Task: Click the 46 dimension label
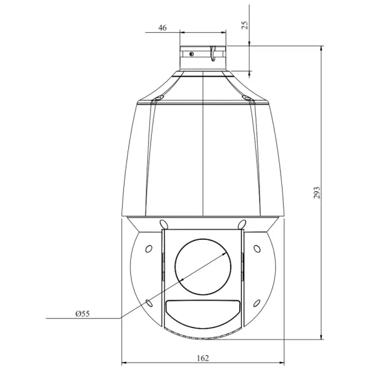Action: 162,28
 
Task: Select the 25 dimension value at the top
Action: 245,25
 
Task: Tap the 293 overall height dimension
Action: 317,193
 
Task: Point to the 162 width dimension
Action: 203,358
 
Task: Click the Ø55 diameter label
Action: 83,314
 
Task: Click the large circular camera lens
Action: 203,266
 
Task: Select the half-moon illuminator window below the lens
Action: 203,314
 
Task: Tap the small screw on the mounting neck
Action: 192,54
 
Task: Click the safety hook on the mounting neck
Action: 213,54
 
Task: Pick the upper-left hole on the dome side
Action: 149,249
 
